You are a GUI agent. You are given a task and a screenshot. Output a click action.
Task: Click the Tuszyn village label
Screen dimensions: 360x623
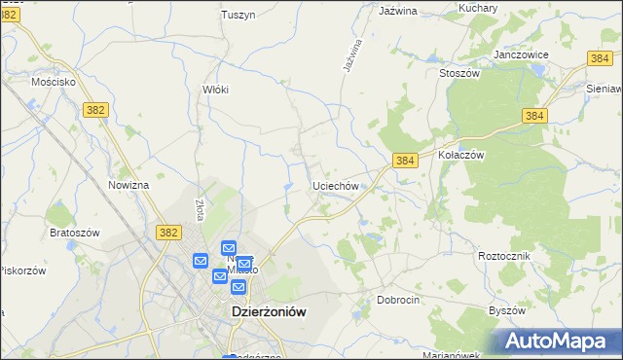[x=238, y=15]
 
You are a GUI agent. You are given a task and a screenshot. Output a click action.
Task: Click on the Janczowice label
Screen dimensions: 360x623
[x=522, y=55]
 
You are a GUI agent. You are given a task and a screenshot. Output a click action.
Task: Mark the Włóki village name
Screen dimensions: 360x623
[x=215, y=90]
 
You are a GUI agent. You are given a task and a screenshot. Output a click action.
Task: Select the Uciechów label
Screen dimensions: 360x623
[x=337, y=185]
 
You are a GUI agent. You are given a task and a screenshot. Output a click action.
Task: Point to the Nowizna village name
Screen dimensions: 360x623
[x=128, y=185]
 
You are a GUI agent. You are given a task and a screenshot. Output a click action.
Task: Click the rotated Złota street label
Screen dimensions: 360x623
[x=201, y=210]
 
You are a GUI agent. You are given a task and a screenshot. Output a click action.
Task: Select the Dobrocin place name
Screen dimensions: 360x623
[x=398, y=301]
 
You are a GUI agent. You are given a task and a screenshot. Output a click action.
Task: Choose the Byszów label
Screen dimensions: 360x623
[x=506, y=310]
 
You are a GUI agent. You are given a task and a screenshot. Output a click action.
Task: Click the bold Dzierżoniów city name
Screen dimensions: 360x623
[x=270, y=312]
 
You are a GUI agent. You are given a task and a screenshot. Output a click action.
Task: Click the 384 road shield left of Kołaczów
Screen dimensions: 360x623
[x=406, y=160]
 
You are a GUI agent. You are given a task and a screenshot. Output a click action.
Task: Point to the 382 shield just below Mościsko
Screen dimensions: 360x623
[x=94, y=110]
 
